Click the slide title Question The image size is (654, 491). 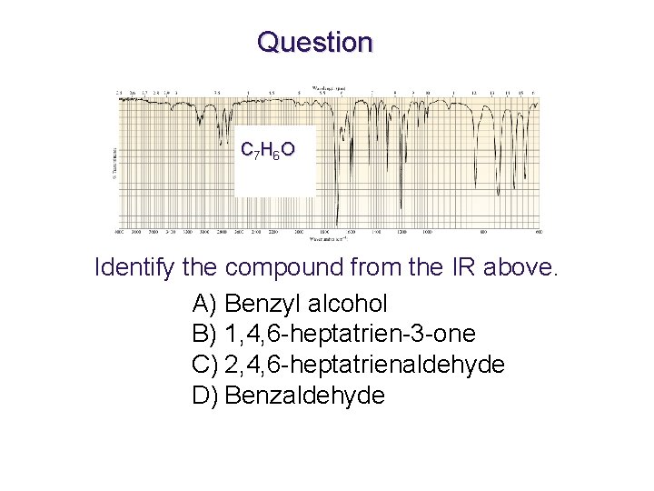(314, 42)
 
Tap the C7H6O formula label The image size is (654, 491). (266, 150)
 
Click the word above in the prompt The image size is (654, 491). (520, 268)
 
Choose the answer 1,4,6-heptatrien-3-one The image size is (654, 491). (350, 334)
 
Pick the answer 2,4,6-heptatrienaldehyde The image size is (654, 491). (364, 365)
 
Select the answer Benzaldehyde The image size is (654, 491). (304, 396)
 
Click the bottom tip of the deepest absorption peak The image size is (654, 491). (336, 224)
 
